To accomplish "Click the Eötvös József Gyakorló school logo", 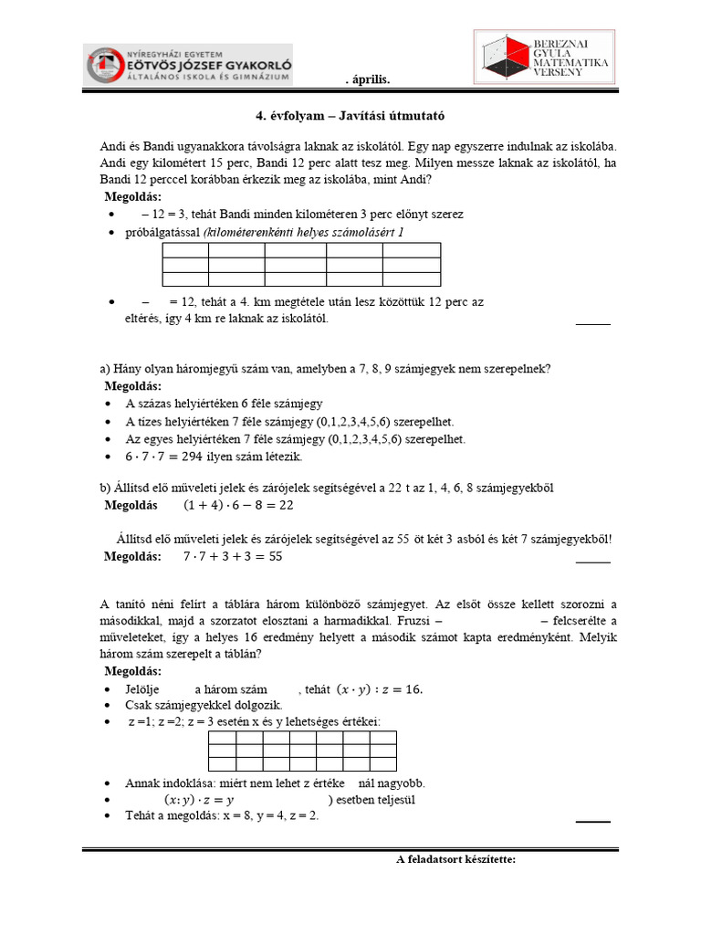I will point(189,66).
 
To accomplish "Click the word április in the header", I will point(371,80).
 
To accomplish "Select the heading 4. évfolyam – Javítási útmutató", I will point(350,117).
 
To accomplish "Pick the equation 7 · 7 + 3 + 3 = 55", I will point(232,556).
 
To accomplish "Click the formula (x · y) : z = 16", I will point(380,688).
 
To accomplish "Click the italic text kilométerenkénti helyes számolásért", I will point(301,233).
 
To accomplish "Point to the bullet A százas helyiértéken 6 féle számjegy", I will point(224,404).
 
